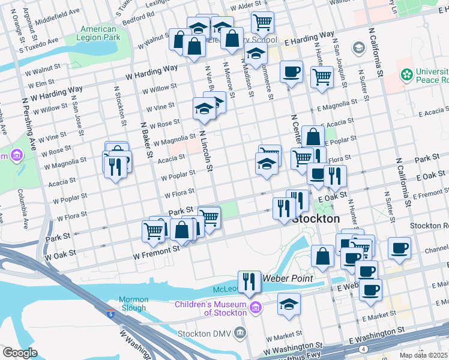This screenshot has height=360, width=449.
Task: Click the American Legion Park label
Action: (98, 33)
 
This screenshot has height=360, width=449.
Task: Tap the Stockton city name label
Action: (315, 220)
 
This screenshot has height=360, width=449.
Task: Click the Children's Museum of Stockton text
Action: (211, 308)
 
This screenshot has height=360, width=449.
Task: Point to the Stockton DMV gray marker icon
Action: (240, 332)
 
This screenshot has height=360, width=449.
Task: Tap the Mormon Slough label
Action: (133, 304)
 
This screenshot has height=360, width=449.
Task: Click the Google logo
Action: (20, 353)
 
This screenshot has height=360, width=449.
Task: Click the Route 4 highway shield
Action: (363, 349)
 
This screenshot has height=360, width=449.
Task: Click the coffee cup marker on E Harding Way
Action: (291, 71)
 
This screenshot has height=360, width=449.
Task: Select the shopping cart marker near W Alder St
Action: (262, 22)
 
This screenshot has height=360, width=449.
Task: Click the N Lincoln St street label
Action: (206, 151)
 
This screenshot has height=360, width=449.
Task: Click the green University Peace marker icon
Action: (406, 75)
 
